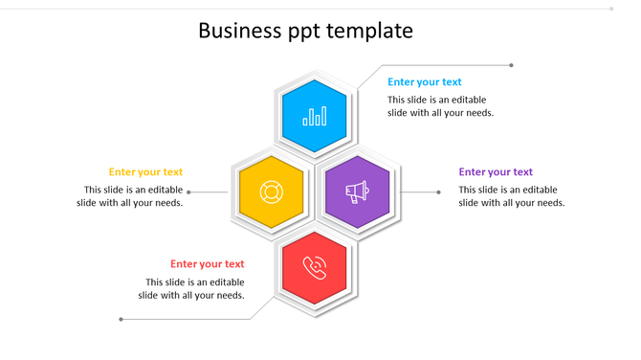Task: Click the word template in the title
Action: click(369, 31)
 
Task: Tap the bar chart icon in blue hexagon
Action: click(315, 117)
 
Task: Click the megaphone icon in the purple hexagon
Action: click(357, 192)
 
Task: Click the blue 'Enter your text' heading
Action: click(424, 82)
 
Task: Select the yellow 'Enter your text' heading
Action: click(145, 172)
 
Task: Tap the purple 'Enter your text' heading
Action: click(496, 172)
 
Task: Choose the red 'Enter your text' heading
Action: click(208, 264)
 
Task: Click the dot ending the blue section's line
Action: click(511, 65)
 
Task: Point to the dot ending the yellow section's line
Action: click(188, 192)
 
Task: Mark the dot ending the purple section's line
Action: click(439, 192)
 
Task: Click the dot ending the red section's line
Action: click(121, 319)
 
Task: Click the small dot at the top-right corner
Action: click(611, 9)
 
